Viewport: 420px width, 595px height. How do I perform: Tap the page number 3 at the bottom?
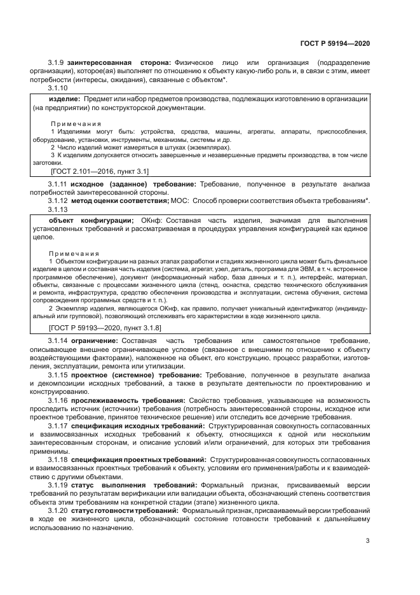(368, 541)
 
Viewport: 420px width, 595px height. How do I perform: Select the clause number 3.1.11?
(58, 184)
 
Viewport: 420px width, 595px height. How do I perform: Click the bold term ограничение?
(94, 342)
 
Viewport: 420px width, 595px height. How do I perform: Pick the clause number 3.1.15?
(58, 375)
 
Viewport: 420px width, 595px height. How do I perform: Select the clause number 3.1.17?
(58, 424)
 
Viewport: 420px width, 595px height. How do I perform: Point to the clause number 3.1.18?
(58, 458)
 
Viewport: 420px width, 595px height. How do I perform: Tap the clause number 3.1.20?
(58, 510)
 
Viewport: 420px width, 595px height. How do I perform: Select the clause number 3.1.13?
(58, 209)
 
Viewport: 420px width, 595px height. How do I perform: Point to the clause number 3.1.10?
(58, 88)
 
